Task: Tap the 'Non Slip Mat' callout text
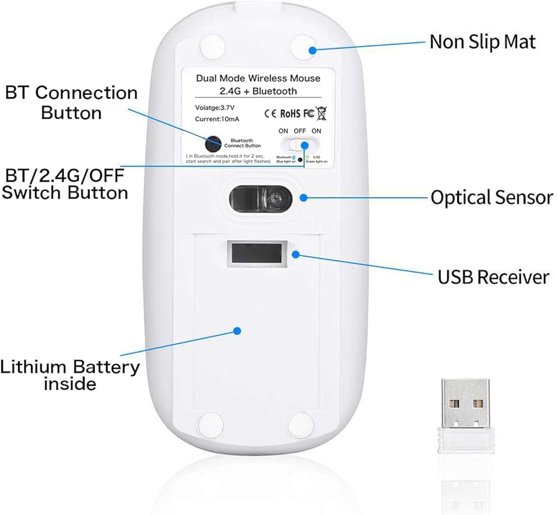482,42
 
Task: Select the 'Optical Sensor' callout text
491,197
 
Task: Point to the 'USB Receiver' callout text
494,277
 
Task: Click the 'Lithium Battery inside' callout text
70,375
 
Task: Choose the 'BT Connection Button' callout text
71,102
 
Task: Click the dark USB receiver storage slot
257,253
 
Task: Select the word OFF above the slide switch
300,131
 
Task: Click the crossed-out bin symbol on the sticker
321,114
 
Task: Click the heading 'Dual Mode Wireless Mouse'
258,78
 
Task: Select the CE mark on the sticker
270,114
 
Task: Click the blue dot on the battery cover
237,330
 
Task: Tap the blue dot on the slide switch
305,145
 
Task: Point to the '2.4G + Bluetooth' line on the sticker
258,91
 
